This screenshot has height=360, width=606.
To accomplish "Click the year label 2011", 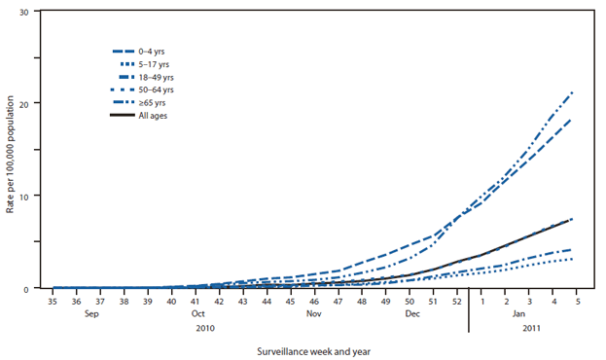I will click(530, 329).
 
